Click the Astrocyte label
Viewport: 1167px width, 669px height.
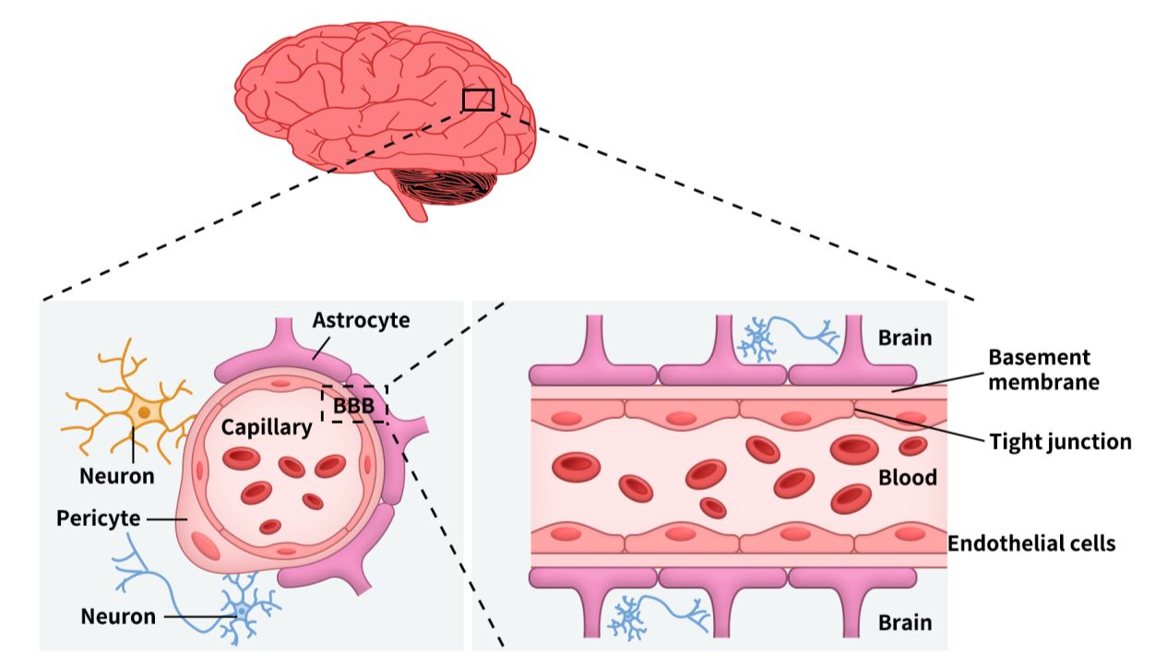tap(361, 320)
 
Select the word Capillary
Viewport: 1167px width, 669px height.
tap(267, 428)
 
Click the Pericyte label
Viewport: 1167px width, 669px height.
tap(99, 519)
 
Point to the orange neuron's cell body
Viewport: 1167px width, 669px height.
tap(144, 412)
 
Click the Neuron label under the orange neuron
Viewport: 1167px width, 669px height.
tap(117, 476)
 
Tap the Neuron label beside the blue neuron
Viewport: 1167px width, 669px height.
tap(118, 616)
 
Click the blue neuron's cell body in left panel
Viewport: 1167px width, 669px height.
tap(242, 610)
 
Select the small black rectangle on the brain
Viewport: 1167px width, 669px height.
tap(478, 90)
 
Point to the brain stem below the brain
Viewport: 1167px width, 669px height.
tap(411, 200)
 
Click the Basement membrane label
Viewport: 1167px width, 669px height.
tap(1043, 370)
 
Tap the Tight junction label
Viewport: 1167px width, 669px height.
tap(1060, 442)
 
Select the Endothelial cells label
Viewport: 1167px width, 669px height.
tap(1031, 544)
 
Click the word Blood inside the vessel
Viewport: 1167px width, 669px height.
tap(908, 477)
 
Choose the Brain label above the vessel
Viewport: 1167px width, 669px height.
tap(905, 338)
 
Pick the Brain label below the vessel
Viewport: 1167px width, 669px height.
tap(905, 623)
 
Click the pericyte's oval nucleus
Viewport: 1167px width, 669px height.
tap(206, 545)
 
